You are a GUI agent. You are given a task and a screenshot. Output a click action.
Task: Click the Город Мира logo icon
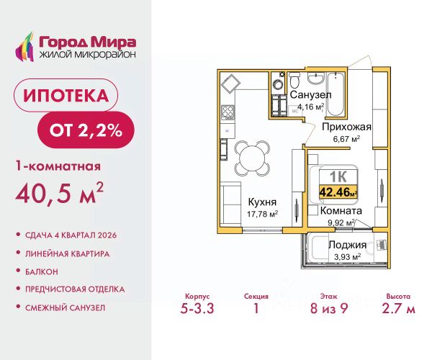point(24,47)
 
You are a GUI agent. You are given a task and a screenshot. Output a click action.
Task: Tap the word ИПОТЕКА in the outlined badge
point(66,95)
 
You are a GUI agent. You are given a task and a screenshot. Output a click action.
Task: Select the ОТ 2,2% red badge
point(86,130)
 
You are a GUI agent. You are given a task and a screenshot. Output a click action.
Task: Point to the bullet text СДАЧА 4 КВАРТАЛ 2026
point(71,235)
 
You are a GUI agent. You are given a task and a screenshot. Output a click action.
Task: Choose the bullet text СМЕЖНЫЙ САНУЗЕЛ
point(65,307)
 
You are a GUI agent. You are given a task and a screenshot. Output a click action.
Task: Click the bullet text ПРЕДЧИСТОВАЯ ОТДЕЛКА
point(75,289)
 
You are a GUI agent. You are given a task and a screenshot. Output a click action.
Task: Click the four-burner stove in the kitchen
point(228,112)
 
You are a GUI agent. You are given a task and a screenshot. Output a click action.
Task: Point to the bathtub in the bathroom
point(335,94)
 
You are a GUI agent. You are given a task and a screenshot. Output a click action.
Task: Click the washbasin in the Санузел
point(315,78)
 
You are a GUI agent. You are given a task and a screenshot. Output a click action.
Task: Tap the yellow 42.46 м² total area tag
point(338,192)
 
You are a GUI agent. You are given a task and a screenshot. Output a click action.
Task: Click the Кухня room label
point(262,202)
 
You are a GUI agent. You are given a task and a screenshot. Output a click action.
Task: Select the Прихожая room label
point(346,127)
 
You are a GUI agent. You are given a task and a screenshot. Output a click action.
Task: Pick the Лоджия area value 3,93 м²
point(347,257)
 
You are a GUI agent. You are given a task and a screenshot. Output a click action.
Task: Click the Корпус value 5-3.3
point(197,308)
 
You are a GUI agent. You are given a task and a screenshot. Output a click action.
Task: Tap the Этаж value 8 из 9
point(329,308)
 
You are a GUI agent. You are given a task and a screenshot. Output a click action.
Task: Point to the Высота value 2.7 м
point(398,308)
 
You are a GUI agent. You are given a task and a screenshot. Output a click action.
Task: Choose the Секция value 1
point(256,308)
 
